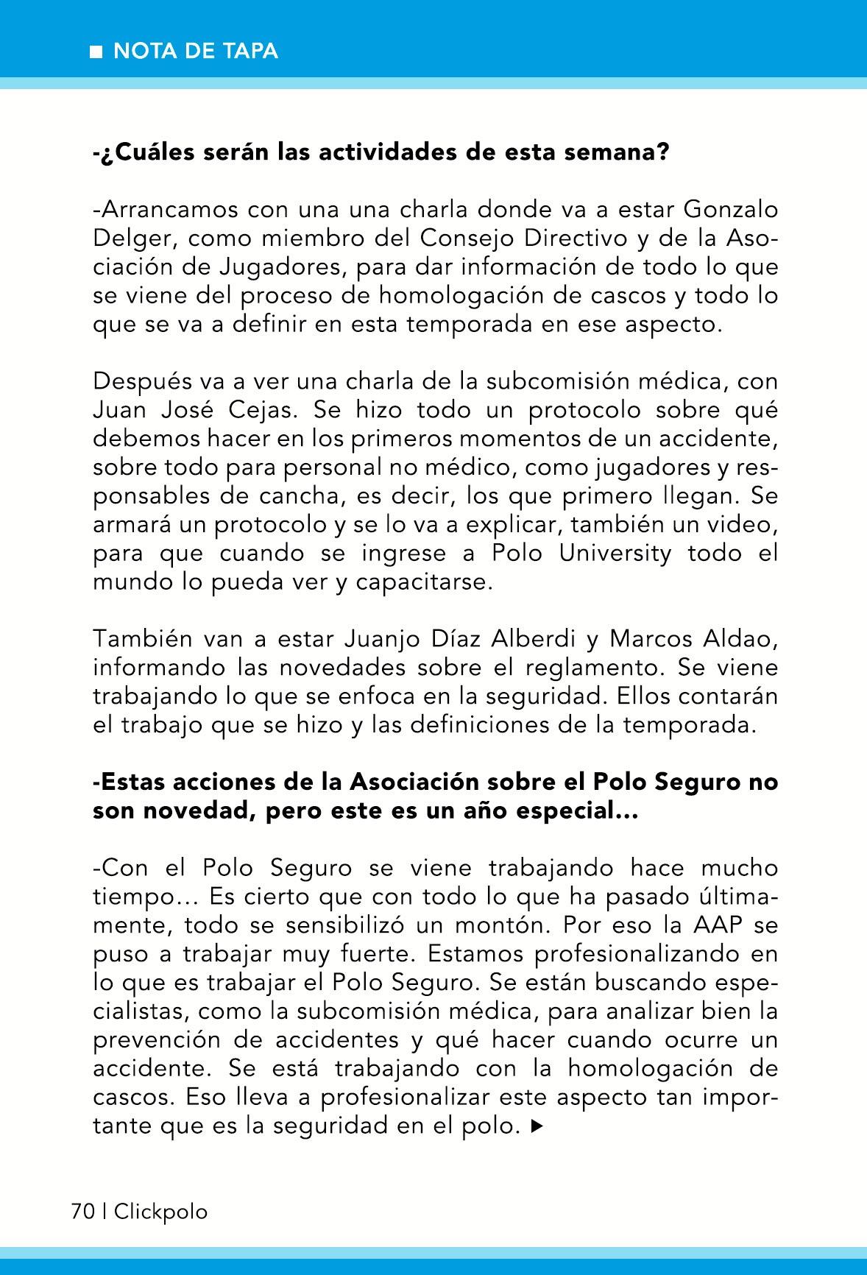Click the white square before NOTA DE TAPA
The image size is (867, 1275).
click(x=96, y=52)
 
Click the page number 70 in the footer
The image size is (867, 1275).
click(x=82, y=1212)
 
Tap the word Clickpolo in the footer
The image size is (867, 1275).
click(x=160, y=1212)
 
